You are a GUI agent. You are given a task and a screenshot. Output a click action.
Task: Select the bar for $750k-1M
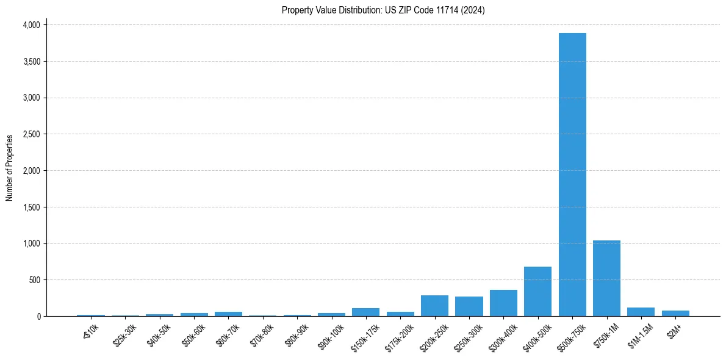tap(606, 278)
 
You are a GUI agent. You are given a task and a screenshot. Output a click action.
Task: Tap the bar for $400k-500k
tap(537, 292)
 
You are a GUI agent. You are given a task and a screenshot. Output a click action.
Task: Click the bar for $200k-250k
tap(434, 306)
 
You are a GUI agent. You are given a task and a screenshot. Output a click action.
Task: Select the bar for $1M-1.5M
tap(641, 312)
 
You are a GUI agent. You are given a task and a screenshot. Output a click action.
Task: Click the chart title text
tap(383, 10)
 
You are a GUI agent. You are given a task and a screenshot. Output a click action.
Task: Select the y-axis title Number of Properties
tap(10, 167)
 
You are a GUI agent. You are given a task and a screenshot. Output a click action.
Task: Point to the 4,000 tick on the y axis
tap(31, 25)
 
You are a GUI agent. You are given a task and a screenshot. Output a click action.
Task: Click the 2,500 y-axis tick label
tap(31, 134)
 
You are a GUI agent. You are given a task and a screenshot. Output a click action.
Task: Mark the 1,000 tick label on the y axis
tap(31, 243)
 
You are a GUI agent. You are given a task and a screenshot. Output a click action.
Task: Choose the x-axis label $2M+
tap(674, 330)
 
